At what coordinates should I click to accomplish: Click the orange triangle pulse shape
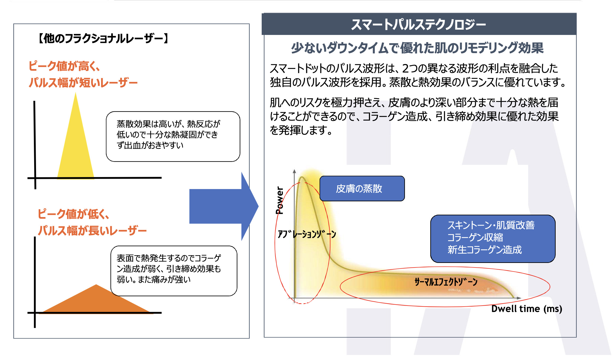click(96, 301)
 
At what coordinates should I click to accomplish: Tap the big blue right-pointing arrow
click(224, 206)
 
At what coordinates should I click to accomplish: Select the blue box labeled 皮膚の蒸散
click(362, 189)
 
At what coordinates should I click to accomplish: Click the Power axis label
click(280, 200)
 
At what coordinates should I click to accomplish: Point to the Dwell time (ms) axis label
click(527, 309)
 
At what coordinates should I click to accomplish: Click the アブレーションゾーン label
click(307, 234)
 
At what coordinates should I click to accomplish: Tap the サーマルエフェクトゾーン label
click(446, 282)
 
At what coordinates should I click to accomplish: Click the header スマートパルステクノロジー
click(419, 24)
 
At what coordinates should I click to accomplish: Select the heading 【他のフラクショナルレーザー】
click(103, 38)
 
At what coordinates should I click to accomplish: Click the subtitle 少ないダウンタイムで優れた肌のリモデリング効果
click(417, 48)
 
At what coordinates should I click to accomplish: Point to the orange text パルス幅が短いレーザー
click(83, 82)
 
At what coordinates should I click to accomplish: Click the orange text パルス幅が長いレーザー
click(92, 230)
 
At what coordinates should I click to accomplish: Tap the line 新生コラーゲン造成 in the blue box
click(484, 250)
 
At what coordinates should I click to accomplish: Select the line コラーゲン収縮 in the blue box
click(475, 237)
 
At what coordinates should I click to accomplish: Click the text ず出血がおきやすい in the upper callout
click(150, 145)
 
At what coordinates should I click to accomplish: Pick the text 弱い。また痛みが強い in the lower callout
click(154, 279)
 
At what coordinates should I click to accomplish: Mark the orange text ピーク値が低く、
click(74, 214)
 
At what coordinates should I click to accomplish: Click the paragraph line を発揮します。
click(301, 130)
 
